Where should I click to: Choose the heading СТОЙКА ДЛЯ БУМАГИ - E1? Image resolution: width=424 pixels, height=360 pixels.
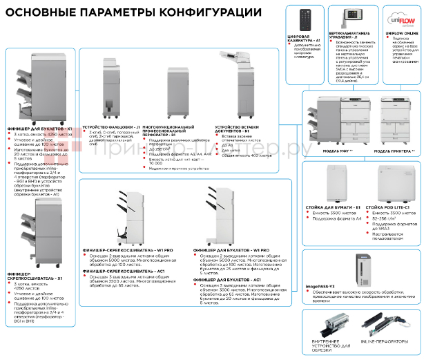point(334,207)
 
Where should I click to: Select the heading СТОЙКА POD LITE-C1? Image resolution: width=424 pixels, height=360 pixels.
point(387,207)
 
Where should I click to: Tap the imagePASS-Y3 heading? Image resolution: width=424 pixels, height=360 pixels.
point(322,285)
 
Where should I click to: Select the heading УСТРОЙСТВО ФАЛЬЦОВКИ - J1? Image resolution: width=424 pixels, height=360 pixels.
point(111,127)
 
